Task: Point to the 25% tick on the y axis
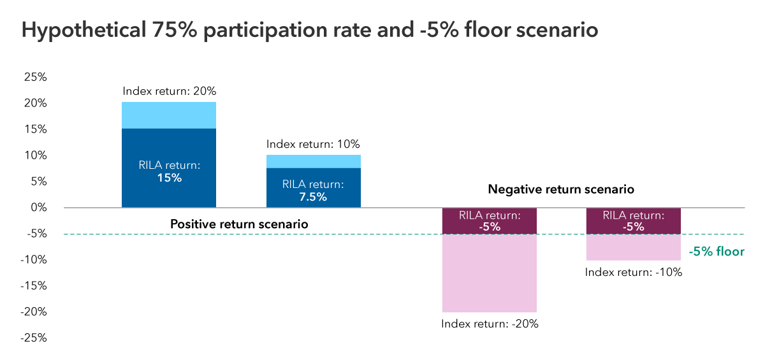[x=35, y=77]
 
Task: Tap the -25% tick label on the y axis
[x=33, y=338]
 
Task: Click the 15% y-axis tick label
[x=35, y=129]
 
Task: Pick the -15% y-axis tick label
[x=33, y=286]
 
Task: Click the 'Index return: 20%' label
[x=170, y=91]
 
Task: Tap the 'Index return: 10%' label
[x=313, y=144]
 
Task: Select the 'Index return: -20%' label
[x=490, y=324]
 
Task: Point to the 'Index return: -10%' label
[x=634, y=272]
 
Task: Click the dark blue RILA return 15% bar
[x=169, y=168]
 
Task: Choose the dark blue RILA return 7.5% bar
[x=313, y=188]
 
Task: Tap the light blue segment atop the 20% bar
[x=169, y=115]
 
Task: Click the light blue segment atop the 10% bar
[x=313, y=161]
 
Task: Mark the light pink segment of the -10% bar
[x=634, y=247]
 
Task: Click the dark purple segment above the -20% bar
[x=490, y=221]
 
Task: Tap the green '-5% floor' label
[x=717, y=252]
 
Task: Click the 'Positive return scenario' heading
[x=239, y=224]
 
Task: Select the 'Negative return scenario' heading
[x=560, y=189]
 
